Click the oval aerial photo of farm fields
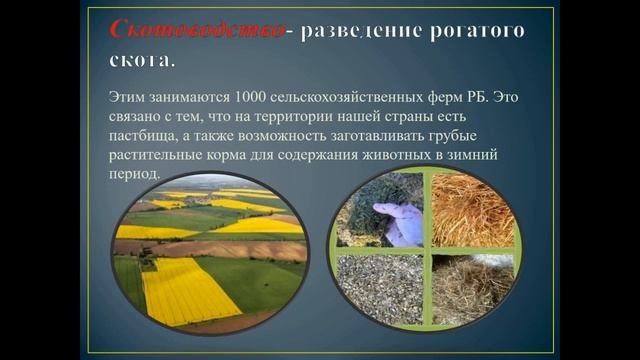210,256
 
